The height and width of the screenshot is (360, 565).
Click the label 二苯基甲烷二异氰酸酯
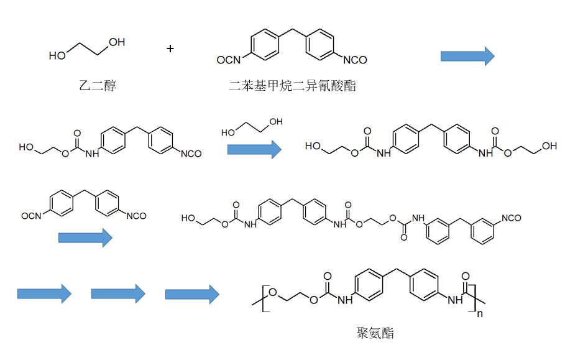coord(292,86)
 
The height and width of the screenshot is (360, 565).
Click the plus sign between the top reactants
coord(171,48)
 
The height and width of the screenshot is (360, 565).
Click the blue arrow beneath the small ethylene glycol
coord(254,150)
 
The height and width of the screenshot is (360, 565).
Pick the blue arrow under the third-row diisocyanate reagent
coord(85,238)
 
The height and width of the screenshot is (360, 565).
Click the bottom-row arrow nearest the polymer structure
coord(192,293)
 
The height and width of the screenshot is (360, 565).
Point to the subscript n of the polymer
coord(479,314)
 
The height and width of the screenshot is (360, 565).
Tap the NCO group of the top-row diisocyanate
coord(355,60)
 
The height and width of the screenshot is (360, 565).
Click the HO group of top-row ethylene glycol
coord(57,56)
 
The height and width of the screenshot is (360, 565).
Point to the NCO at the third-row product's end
coord(510,218)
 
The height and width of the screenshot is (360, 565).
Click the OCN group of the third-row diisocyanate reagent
coord(30,216)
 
